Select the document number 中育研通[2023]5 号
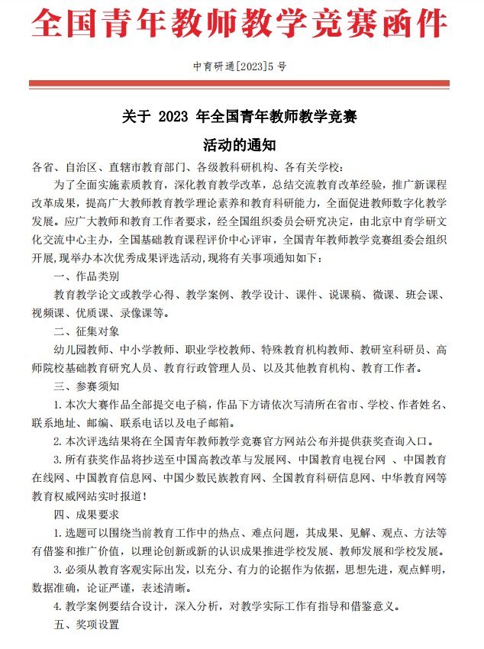click(240, 66)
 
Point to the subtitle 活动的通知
click(239, 144)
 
